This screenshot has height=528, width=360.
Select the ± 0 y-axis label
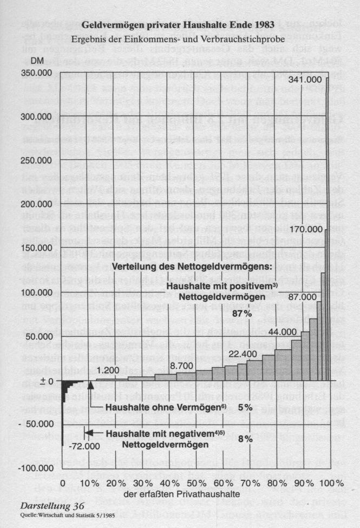tap(46, 381)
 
